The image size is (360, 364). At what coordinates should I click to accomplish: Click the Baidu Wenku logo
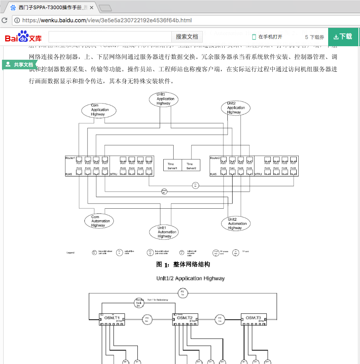click(23, 37)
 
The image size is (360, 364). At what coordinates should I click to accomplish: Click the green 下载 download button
click(343, 37)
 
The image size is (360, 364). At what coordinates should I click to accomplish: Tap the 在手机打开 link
click(267, 37)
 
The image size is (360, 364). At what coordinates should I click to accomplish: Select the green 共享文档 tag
click(20, 65)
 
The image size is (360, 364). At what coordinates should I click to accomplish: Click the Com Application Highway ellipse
click(98, 110)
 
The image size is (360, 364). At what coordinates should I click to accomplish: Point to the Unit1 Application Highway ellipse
click(164, 99)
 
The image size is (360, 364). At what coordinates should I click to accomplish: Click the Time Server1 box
click(172, 166)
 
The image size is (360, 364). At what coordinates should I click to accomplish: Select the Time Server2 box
click(191, 166)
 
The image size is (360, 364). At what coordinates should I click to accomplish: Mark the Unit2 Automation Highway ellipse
click(236, 224)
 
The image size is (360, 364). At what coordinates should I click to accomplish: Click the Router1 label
click(70, 158)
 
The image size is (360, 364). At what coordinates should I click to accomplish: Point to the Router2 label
click(215, 158)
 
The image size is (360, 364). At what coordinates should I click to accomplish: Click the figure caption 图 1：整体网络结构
click(183, 264)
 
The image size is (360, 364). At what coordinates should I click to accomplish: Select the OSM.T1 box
click(113, 317)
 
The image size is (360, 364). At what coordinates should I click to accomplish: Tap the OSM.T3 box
click(253, 317)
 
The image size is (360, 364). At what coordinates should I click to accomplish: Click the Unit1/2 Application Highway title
click(190, 278)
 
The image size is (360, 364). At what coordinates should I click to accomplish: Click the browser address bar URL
click(107, 20)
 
